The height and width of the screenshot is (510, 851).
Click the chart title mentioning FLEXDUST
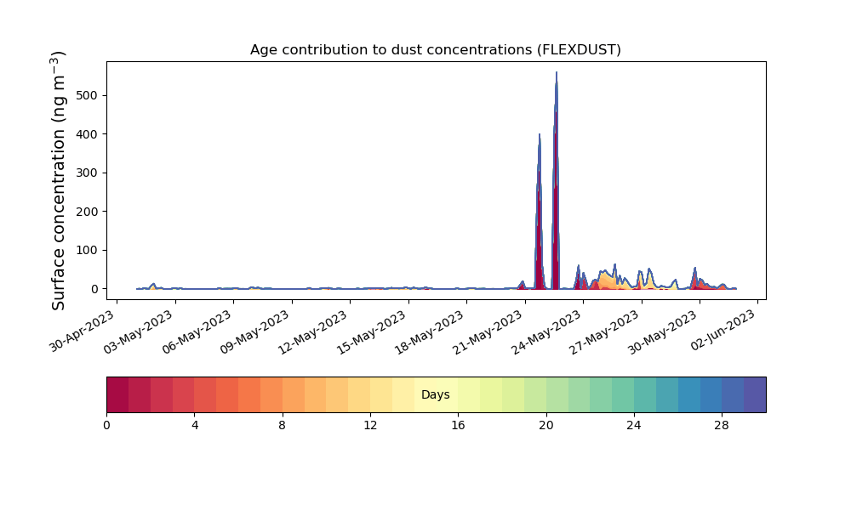(x=435, y=50)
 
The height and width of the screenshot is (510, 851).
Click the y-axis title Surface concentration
(x=58, y=180)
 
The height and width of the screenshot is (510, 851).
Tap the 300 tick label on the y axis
(x=88, y=173)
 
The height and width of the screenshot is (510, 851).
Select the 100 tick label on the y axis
(x=88, y=251)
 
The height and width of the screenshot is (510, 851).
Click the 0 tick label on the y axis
(x=95, y=289)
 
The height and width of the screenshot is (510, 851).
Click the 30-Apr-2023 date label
(x=83, y=331)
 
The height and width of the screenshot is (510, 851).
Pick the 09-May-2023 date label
(x=254, y=332)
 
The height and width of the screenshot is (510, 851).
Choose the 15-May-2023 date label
(x=371, y=332)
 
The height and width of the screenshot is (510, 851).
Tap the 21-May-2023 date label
(x=488, y=332)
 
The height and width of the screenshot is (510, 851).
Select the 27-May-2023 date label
(x=604, y=332)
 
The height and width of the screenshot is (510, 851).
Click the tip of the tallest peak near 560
(x=557, y=72)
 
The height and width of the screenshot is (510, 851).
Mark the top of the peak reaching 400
(x=539, y=133)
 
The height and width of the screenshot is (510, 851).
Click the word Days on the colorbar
(x=435, y=394)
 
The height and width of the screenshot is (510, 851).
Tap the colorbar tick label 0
(x=106, y=426)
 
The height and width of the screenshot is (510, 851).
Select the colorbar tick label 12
(x=370, y=426)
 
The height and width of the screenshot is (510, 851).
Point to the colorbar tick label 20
(x=546, y=426)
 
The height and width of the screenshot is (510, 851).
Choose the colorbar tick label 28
(x=722, y=426)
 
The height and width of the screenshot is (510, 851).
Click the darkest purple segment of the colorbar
(x=755, y=394)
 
